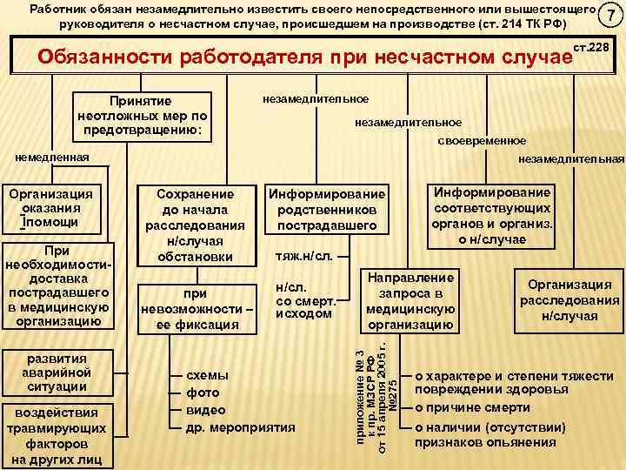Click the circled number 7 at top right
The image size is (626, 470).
[x=613, y=17]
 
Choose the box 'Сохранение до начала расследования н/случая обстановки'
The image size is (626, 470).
[x=194, y=225]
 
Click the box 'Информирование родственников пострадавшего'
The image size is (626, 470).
[x=326, y=210]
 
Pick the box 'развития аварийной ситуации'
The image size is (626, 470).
[x=56, y=373]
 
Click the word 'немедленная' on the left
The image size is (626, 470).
[x=53, y=158]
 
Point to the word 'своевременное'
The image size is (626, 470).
[x=481, y=140]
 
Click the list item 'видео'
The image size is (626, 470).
[x=205, y=409]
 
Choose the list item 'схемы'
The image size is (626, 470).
[x=208, y=374]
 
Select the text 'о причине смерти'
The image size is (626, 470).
[x=472, y=408]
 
